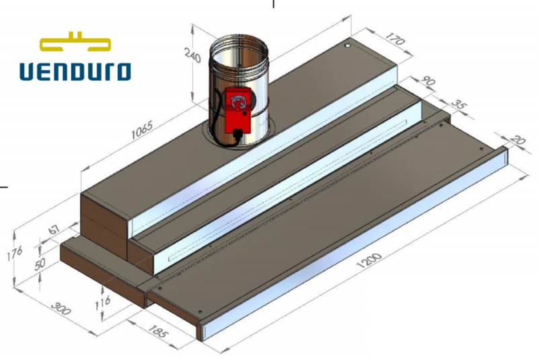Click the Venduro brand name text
(x=75, y=71)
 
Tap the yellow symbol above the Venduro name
(x=75, y=42)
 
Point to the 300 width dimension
(x=63, y=310)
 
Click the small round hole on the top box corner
(x=347, y=46)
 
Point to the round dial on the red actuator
(x=237, y=101)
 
